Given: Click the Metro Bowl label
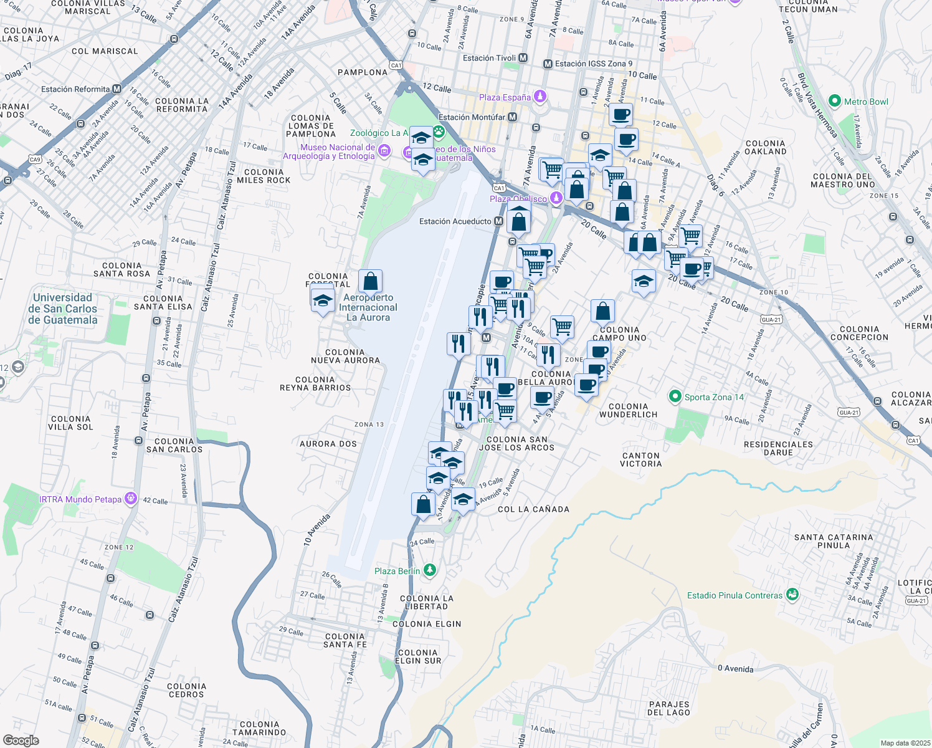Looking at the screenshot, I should (x=865, y=102).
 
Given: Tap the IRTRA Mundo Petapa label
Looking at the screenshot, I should (x=80, y=499).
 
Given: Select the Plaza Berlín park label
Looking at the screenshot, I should (x=397, y=571).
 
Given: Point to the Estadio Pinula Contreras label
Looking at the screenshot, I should (x=735, y=595).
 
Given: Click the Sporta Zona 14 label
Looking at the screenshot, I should (x=714, y=397).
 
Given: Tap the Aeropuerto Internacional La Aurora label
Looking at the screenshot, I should (x=368, y=307).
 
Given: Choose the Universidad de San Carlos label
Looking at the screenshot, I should (x=62, y=309).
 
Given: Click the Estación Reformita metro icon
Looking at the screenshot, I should (x=117, y=89).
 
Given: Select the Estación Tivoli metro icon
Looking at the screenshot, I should (x=523, y=58).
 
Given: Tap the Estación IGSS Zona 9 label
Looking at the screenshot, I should (x=594, y=64).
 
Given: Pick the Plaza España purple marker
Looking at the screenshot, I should (x=540, y=97).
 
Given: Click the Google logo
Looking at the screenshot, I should (x=21, y=740).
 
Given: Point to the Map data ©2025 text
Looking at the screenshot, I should (x=905, y=743).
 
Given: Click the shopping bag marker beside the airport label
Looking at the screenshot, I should (x=370, y=281).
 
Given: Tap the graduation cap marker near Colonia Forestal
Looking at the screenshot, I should (x=323, y=300).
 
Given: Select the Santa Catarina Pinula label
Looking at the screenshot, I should (x=834, y=541).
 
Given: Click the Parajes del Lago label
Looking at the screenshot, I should (x=668, y=708).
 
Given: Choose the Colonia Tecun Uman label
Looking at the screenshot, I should (x=808, y=6).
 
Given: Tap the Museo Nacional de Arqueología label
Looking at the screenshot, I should (x=329, y=151).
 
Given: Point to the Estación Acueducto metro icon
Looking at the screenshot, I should (x=498, y=221).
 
